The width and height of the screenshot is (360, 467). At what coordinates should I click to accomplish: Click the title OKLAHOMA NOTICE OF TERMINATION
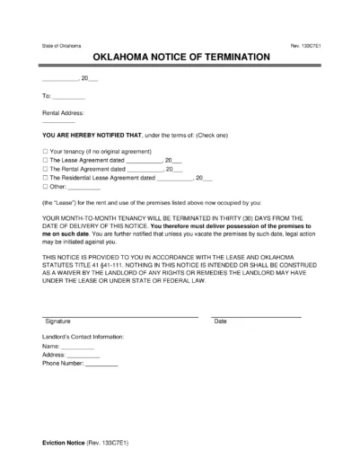pyautogui.click(x=180, y=56)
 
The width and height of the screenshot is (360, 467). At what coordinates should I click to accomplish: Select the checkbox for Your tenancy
pyautogui.click(x=45, y=151)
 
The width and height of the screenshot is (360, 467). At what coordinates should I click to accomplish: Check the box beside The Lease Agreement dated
pyautogui.click(x=45, y=160)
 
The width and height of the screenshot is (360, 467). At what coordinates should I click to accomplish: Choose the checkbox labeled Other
pyautogui.click(x=45, y=188)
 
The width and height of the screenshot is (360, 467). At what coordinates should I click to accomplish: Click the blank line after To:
pyautogui.click(x=70, y=96)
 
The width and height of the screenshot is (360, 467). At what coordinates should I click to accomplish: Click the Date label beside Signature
pyautogui.click(x=220, y=321)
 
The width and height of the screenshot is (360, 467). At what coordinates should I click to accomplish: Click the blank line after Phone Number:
pyautogui.click(x=102, y=365)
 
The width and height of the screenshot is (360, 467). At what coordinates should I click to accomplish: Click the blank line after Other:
pyautogui.click(x=84, y=188)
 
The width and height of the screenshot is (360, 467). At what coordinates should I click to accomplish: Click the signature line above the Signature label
pyautogui.click(x=120, y=315)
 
